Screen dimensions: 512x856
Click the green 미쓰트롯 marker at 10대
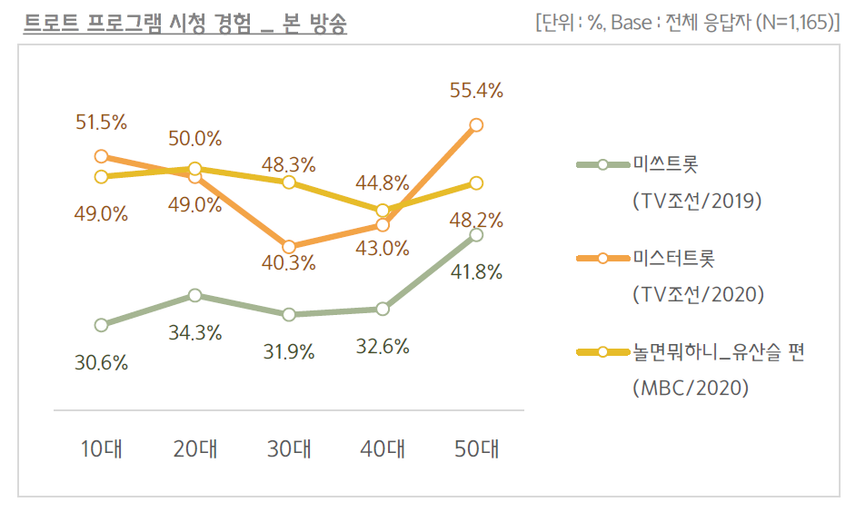click(101, 324)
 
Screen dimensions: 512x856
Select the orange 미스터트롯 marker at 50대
click(476, 124)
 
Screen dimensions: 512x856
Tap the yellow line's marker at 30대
click(288, 182)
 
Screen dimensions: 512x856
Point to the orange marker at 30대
click(288, 247)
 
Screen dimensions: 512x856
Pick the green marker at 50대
click(476, 235)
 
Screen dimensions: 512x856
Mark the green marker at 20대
click(194, 295)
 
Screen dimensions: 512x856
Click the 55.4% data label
click(476, 91)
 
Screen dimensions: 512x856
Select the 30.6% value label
click(101, 362)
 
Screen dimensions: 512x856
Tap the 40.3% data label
click(289, 264)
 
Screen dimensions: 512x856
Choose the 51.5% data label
click(101, 123)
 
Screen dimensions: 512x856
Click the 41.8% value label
click(476, 271)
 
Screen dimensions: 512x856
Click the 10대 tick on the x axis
click(101, 448)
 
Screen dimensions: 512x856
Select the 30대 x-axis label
click(288, 448)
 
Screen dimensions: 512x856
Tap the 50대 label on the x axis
click(476, 448)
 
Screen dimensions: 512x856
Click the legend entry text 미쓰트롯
click(664, 164)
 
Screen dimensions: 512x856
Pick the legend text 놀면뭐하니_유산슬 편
click(718, 352)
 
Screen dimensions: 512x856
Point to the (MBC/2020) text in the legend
click(691, 388)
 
